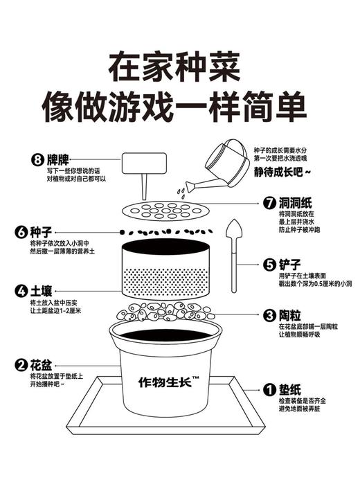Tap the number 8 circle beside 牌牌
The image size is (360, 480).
point(34,159)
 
